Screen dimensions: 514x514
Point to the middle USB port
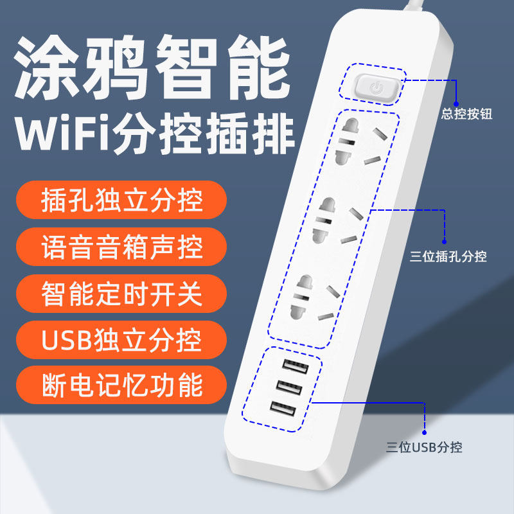coord(290,387)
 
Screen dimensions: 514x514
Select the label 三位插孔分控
coord(448,257)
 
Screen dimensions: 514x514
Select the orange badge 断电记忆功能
coord(121,385)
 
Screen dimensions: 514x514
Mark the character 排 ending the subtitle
coord(272,133)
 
